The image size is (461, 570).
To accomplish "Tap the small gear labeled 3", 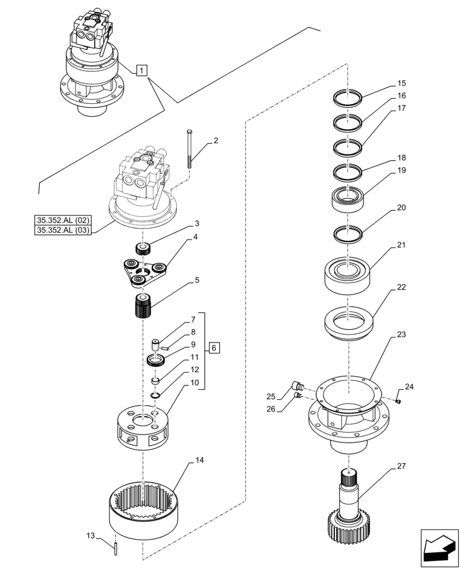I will pos(142,248).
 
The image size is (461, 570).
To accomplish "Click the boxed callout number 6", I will pos(213,348).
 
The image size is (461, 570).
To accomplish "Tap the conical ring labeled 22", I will pos(347,322).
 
